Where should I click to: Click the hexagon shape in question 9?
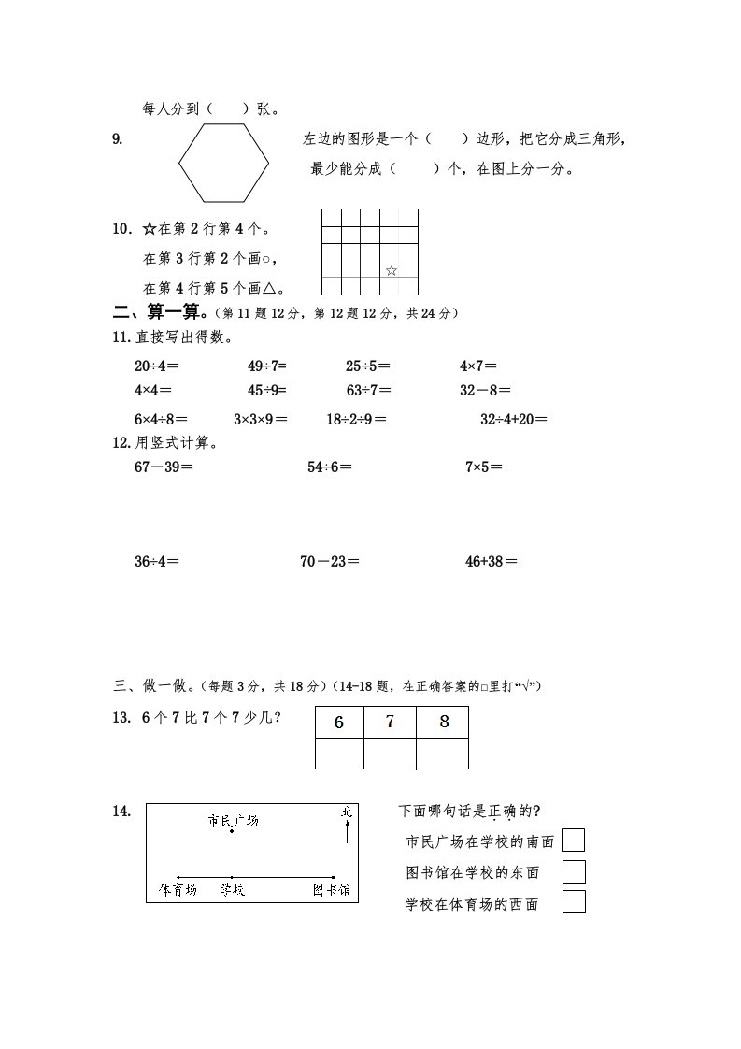223,164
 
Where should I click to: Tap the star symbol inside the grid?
391,271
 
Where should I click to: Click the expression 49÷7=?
267,366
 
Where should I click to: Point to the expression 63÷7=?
368,390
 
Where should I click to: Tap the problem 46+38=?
491,562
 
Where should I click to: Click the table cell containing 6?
339,722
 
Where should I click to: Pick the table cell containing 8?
443,722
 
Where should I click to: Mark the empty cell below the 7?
390,753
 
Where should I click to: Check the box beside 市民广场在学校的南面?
573,840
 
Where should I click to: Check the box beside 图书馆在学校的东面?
573,871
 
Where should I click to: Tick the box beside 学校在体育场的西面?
573,902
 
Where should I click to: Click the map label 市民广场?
233,821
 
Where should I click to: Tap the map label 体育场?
178,891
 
